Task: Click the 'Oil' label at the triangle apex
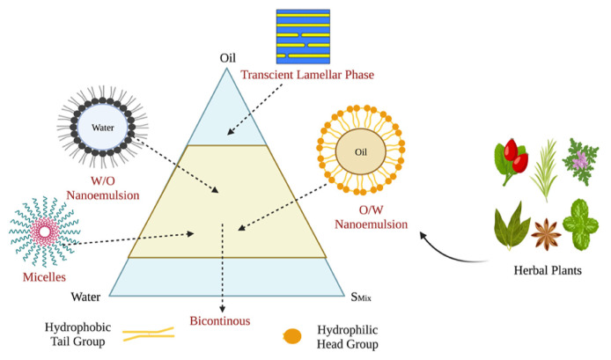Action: [229, 60]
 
